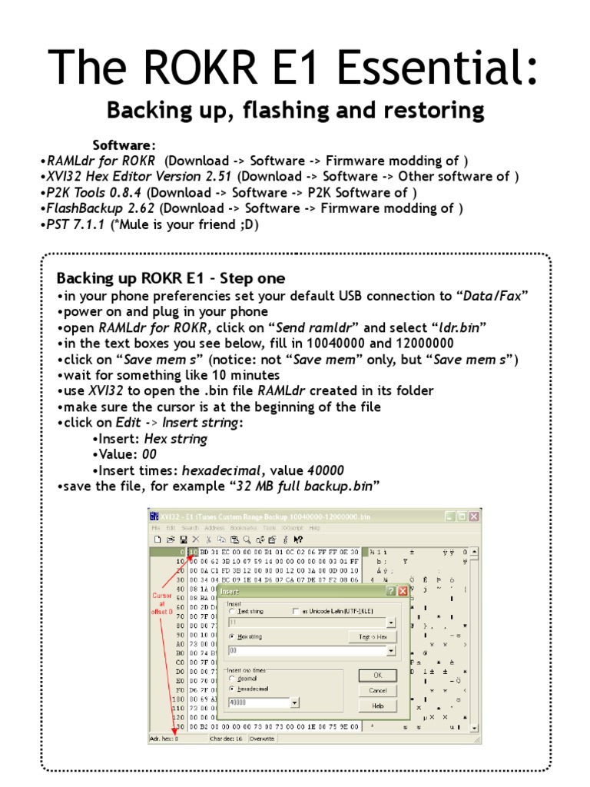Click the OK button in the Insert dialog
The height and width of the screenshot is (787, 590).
click(x=377, y=675)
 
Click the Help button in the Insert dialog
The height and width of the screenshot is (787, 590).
click(x=377, y=706)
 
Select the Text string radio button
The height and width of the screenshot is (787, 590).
click(x=233, y=611)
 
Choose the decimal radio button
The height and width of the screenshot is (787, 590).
click(x=233, y=679)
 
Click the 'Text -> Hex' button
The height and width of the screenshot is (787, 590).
click(x=372, y=636)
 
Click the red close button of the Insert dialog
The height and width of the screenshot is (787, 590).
click(x=402, y=591)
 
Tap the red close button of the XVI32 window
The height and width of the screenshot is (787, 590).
click(x=474, y=516)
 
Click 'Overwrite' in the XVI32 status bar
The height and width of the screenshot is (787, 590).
click(x=263, y=738)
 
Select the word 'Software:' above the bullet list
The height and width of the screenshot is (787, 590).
click(x=124, y=145)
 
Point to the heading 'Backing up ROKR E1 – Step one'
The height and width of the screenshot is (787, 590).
click(x=171, y=278)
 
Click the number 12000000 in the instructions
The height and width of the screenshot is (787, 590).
click(x=416, y=344)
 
